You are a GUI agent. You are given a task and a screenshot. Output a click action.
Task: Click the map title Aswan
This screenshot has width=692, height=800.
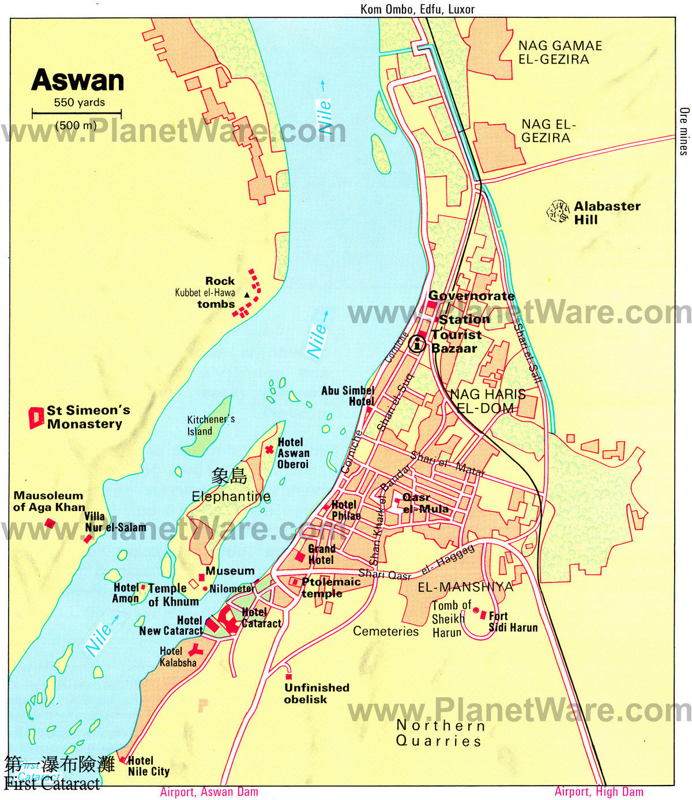tap(77, 80)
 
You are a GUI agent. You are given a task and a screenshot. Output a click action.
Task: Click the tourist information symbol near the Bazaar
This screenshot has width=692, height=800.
tap(417, 345)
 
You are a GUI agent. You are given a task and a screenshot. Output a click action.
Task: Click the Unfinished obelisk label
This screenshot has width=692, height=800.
tap(317, 693)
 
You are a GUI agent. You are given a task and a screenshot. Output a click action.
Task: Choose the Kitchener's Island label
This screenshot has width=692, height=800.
tap(210, 425)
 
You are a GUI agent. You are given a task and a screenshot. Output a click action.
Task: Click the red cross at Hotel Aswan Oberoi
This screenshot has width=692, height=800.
tap(269, 449)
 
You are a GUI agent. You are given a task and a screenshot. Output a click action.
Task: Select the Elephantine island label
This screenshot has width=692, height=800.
tap(231, 496)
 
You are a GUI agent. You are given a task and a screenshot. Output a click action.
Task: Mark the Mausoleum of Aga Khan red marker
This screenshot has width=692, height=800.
tap(50, 523)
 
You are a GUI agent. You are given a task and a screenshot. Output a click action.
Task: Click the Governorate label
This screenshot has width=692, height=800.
tap(471, 296)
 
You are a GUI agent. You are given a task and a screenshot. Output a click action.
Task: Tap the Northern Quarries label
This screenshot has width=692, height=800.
tap(440, 733)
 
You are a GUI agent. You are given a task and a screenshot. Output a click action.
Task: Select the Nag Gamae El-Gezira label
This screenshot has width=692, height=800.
tap(552, 52)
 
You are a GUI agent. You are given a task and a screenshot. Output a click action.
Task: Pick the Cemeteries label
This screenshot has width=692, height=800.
tap(386, 632)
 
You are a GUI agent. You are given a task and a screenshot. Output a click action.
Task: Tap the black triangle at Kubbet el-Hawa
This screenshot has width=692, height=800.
tap(247, 295)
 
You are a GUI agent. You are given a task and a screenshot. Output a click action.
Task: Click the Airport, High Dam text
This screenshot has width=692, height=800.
tap(599, 792)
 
